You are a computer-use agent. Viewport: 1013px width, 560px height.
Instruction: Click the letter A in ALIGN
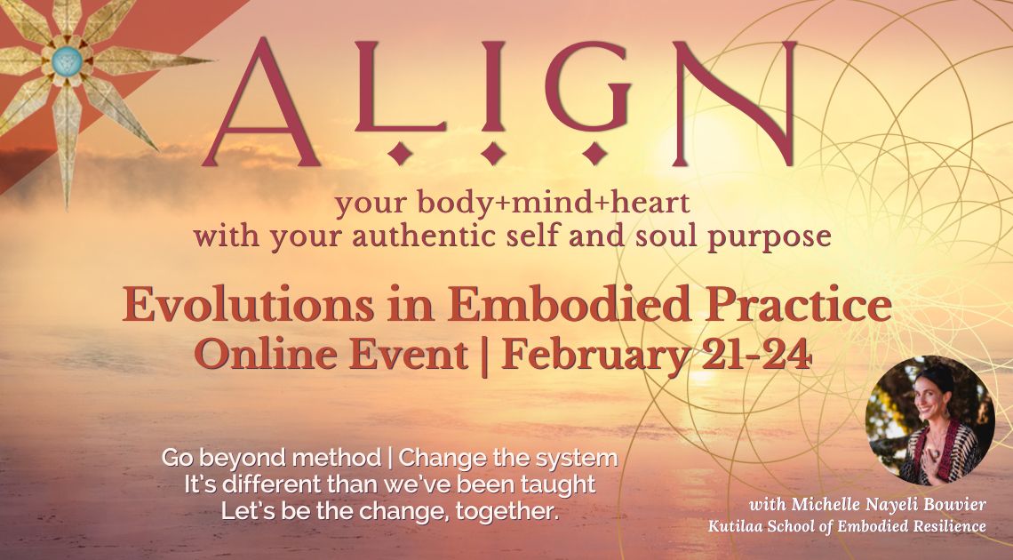[x=261, y=103]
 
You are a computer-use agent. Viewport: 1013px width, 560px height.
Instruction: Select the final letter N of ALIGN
[x=735, y=102]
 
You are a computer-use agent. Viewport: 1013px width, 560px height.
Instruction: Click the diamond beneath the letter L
[x=401, y=152]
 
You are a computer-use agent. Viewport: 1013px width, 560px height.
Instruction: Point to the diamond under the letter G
[x=594, y=152]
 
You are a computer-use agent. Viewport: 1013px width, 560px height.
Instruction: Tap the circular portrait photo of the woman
[x=929, y=420]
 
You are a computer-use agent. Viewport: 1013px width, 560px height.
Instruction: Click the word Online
[x=267, y=356]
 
